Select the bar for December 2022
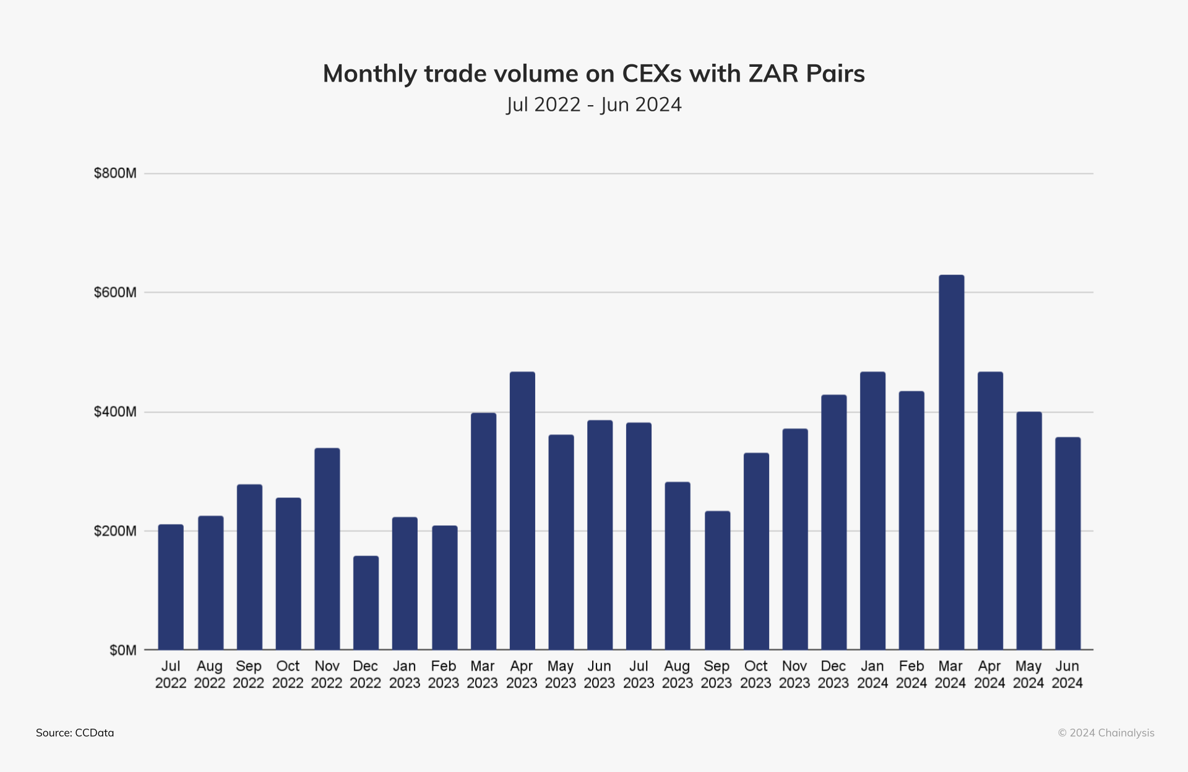pos(366,603)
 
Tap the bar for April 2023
pos(522,510)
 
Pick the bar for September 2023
pos(717,580)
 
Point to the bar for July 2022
pos(171,587)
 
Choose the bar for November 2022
pos(327,549)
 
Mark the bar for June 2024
pos(1067,543)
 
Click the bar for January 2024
pos(872,510)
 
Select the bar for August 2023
pos(678,565)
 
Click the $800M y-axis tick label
pos(115,173)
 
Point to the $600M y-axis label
pos(115,292)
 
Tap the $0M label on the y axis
pos(123,650)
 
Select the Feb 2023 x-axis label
pos(444,674)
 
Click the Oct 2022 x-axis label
pos(288,674)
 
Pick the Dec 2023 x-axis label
pos(833,674)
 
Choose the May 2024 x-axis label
pos(1028,674)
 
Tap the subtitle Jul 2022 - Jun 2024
pos(594,105)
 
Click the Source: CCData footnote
pos(75,732)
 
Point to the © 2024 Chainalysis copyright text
pos(1106,732)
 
